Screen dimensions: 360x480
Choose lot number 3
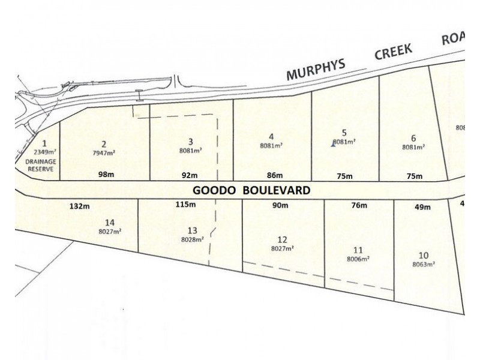pyautogui.click(x=190, y=142)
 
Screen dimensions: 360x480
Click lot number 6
pyautogui.click(x=413, y=136)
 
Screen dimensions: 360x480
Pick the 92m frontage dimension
pyautogui.click(x=190, y=176)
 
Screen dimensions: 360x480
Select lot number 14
pyautogui.click(x=109, y=220)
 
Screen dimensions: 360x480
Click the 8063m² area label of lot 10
pyautogui.click(x=424, y=263)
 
